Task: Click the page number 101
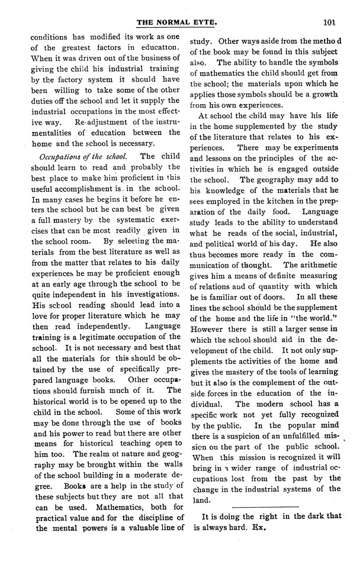click(330, 23)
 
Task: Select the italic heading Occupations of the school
click(82, 156)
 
